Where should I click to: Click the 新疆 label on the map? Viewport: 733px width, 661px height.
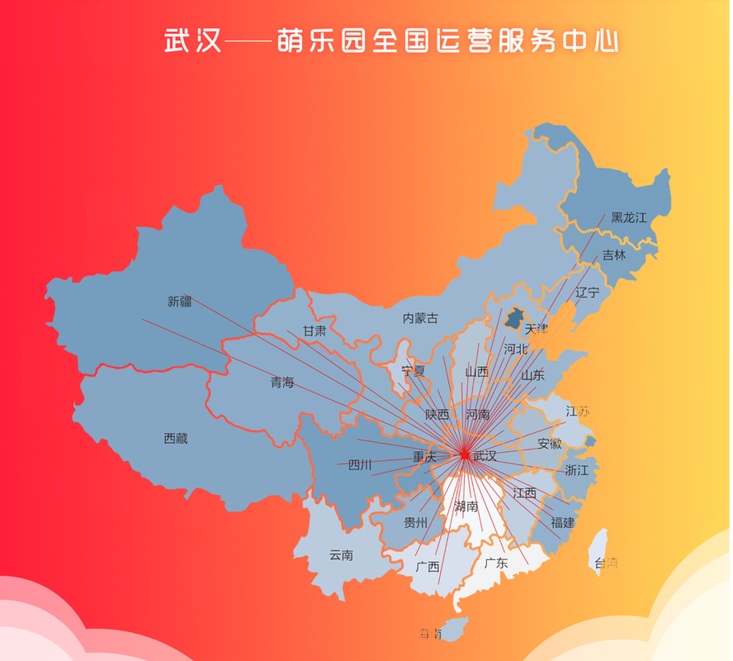(x=180, y=302)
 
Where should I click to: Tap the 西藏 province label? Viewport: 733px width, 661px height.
(x=176, y=439)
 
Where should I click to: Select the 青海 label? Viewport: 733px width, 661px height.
(x=282, y=383)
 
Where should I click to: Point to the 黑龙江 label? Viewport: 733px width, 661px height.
(x=629, y=218)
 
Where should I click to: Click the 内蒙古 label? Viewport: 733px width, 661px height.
(x=420, y=318)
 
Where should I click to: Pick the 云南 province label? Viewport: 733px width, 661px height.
(x=341, y=555)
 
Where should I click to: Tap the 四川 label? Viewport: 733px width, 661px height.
(x=360, y=465)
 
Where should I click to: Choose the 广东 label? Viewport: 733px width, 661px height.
(x=496, y=564)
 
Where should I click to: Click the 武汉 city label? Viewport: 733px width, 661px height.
(x=485, y=456)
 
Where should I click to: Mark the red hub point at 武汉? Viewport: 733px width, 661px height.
(x=465, y=454)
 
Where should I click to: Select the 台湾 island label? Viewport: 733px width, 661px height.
(x=606, y=564)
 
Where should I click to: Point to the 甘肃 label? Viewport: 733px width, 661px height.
(x=314, y=330)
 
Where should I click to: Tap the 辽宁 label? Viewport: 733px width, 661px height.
(x=587, y=292)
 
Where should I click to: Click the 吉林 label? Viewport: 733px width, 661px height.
(x=614, y=255)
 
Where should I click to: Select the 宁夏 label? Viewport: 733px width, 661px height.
(x=413, y=370)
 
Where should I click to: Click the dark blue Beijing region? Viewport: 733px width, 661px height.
(x=515, y=316)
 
